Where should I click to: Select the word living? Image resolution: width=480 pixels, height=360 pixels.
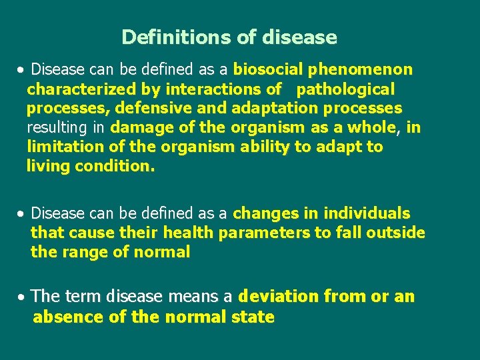(48, 166)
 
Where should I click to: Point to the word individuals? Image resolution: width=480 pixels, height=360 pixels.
(367, 213)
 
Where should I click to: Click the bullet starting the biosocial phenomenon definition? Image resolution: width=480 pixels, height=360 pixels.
(23, 70)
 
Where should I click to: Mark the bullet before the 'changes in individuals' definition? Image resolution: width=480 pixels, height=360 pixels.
(23, 214)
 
